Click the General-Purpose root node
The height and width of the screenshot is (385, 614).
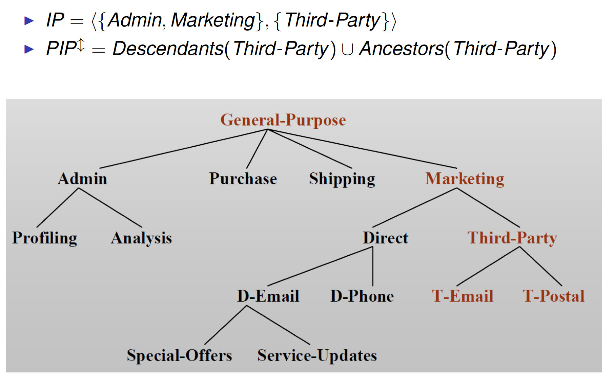pos(283,120)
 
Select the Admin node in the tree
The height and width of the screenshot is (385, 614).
pos(82,179)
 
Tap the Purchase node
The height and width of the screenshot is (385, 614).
pos(243,179)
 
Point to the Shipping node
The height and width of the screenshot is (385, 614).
pos(342,179)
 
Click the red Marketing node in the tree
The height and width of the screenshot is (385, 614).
pos(465,179)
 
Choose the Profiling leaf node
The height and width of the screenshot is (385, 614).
pos(45,238)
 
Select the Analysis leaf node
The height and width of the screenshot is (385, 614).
pos(141,238)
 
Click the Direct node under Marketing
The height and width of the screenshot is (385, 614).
pos(385,238)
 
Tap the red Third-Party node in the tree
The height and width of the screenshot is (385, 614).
pos(512,238)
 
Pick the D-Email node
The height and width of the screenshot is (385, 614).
pos(268,296)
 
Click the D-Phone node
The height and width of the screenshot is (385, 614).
pos(362,296)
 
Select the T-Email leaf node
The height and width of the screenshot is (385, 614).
pos(462,296)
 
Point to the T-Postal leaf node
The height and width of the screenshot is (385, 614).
pos(553,296)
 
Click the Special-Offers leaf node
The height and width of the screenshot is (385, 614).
pos(179,355)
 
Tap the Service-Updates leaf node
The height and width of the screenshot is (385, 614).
pos(317,355)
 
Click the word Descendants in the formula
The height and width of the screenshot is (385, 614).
pos(168,49)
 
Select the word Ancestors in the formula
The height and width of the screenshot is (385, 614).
pos(401,49)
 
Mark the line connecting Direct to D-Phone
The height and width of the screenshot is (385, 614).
pos(373,267)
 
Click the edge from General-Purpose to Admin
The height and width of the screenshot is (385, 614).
pos(183,149)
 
